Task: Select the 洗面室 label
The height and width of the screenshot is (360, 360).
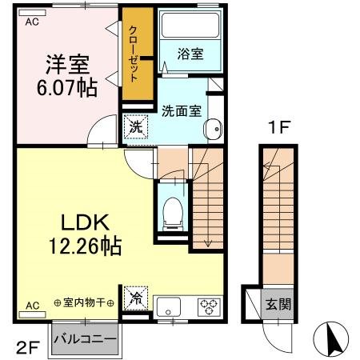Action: (180, 110)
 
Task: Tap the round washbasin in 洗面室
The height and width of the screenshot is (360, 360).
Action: (214, 130)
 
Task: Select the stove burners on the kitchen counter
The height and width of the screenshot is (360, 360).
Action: (209, 306)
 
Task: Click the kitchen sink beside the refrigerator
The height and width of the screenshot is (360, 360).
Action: (170, 306)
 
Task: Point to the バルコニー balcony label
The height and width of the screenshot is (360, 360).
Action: (85, 338)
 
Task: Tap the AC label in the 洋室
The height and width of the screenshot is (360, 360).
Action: (32, 22)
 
